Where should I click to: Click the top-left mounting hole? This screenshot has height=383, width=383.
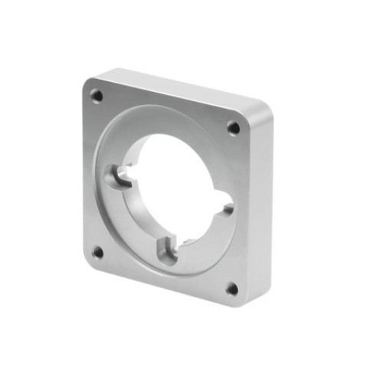click(x=97, y=96)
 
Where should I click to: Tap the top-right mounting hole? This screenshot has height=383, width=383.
click(x=233, y=128)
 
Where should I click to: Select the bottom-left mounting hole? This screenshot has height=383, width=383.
click(x=97, y=251)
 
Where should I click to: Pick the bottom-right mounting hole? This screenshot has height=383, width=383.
click(x=231, y=289)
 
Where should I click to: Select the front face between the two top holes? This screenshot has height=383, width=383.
click(x=165, y=107)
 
